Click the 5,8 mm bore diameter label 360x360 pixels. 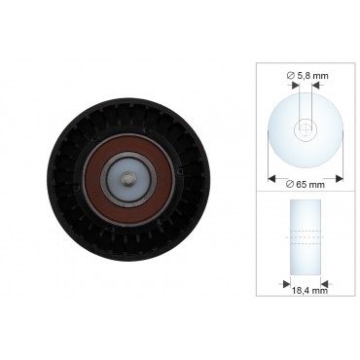click(307, 76)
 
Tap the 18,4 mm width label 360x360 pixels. click(309, 290)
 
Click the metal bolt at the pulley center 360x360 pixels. click(128, 178)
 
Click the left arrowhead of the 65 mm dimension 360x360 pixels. click(271, 178)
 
